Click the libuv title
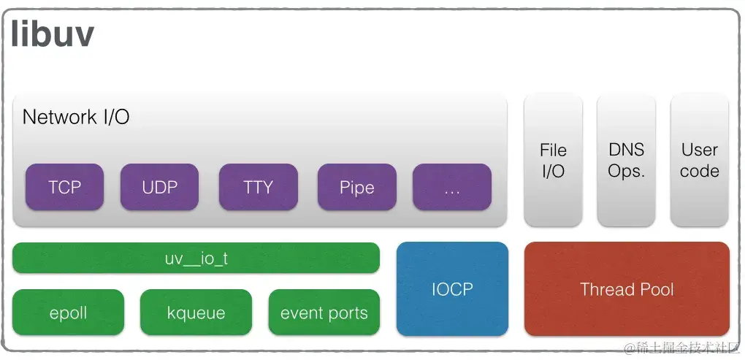pyautogui.click(x=52, y=34)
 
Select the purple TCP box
pyautogui.click(x=65, y=187)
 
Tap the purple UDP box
pyautogui.click(x=159, y=187)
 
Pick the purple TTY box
pyautogui.click(x=258, y=187)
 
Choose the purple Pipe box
pyautogui.click(x=356, y=187)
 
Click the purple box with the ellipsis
pyautogui.click(x=451, y=187)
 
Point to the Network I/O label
pyautogui.click(x=76, y=117)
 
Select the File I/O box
pyautogui.click(x=553, y=160)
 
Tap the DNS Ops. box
pyautogui.click(x=626, y=160)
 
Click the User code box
pyautogui.click(x=699, y=160)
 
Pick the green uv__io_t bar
pyautogui.click(x=196, y=258)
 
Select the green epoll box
pyautogui.click(x=68, y=313)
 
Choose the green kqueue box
pyautogui.click(x=196, y=313)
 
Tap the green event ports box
pyautogui.click(x=324, y=313)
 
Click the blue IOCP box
pyautogui.click(x=451, y=288)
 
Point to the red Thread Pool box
pyautogui.click(x=626, y=289)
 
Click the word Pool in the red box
pyautogui.click(x=657, y=289)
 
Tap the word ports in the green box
pyautogui.click(x=347, y=314)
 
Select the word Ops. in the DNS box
pyautogui.click(x=626, y=171)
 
